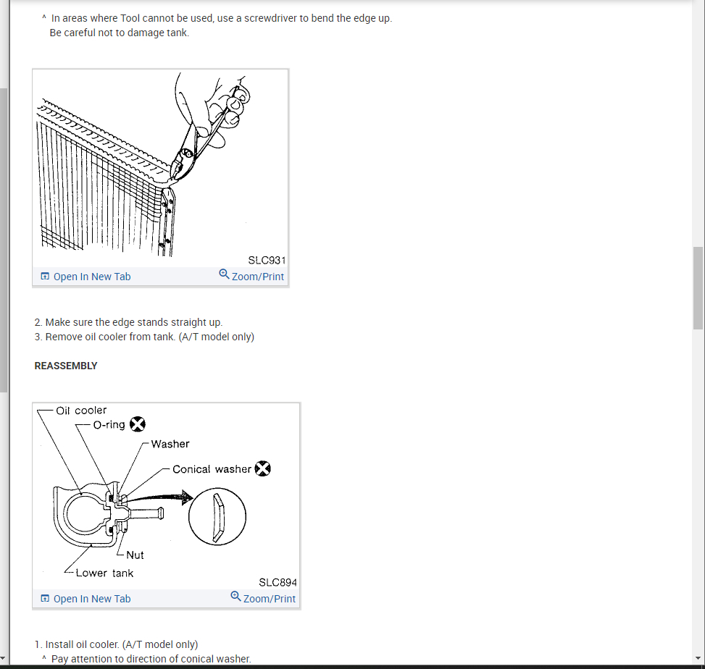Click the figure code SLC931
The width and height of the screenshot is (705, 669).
pyautogui.click(x=267, y=260)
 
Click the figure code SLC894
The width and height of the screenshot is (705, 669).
pyautogui.click(x=278, y=582)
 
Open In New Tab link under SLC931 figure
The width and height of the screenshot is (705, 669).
pyautogui.click(x=85, y=277)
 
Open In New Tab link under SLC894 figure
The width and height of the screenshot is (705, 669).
pyautogui.click(x=85, y=599)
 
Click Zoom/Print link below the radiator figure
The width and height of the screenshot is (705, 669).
pyautogui.click(x=251, y=276)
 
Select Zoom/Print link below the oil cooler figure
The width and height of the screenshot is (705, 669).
pyautogui.click(x=263, y=598)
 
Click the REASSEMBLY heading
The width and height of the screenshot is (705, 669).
pyautogui.click(x=66, y=366)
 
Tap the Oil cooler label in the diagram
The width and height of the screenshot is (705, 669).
pyautogui.click(x=81, y=411)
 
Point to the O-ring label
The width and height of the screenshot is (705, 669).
pyautogui.click(x=109, y=424)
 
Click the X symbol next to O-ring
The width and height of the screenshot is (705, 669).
pyautogui.click(x=138, y=424)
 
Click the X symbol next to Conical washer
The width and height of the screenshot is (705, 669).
pyautogui.click(x=263, y=468)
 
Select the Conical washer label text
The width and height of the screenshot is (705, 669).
pyautogui.click(x=212, y=469)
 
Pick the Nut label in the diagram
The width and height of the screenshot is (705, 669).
pyautogui.click(x=135, y=555)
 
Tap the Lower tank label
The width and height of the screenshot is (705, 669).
pyautogui.click(x=104, y=573)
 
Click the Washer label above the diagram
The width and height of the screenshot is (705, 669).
pyautogui.click(x=170, y=444)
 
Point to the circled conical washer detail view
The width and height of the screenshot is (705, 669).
pyautogui.click(x=217, y=517)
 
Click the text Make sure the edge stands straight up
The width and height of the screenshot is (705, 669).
pyautogui.click(x=134, y=322)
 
